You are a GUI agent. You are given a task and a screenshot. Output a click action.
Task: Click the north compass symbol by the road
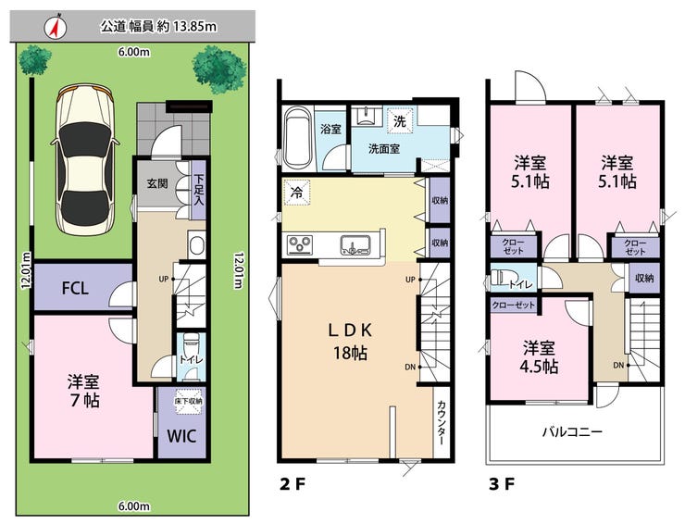tap(56, 27)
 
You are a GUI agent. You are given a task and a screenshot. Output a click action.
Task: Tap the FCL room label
tap(75, 288)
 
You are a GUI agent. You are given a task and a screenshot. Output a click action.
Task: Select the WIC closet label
tap(181, 436)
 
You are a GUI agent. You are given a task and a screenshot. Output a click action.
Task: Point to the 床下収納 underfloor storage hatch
tap(188, 401)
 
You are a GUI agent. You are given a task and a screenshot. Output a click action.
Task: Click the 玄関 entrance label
tap(156, 183)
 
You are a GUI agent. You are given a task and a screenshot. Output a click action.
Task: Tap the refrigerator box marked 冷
tap(297, 193)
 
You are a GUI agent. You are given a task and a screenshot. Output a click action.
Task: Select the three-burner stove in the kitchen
tap(300, 244)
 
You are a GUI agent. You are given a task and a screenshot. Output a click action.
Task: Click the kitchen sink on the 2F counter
tap(355, 244)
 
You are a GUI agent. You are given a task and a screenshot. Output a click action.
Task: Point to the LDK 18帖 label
tap(350, 342)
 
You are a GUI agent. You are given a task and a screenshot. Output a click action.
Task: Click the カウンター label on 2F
tap(442, 422)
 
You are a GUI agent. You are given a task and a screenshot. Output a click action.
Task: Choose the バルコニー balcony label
tap(572, 432)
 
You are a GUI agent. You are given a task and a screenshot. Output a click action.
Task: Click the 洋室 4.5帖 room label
tap(540, 357)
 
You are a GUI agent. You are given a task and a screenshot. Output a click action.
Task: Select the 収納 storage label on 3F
tap(644, 278)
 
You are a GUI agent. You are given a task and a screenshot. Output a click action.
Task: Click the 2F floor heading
tap(292, 484)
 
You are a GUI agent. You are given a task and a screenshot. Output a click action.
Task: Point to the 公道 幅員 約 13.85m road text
tap(158, 27)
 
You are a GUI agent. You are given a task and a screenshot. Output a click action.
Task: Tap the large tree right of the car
tap(219, 70)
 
